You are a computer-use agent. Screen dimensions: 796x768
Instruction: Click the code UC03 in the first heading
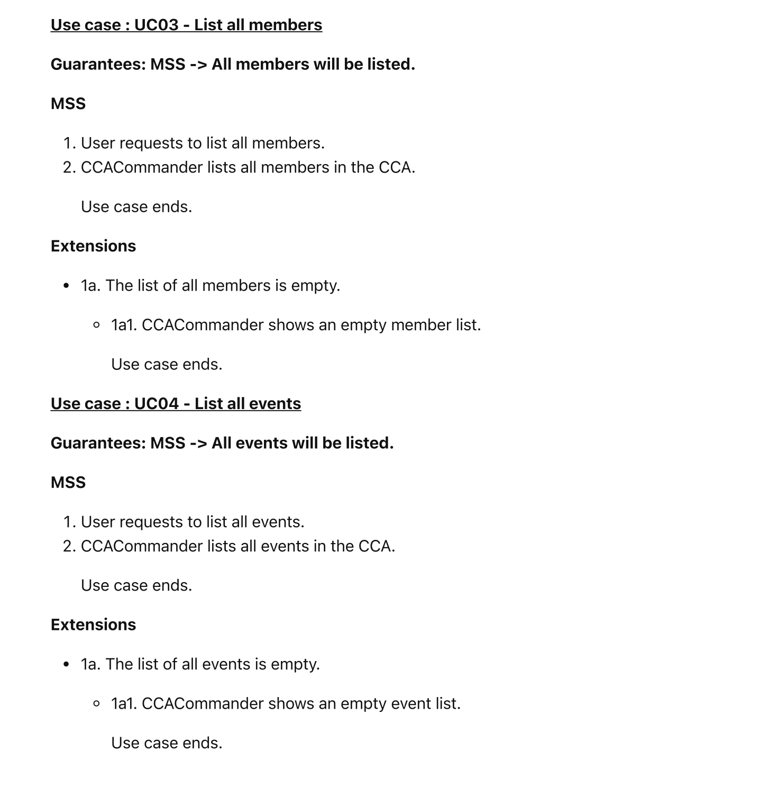pos(156,25)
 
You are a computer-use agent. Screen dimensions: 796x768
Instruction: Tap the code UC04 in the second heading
pos(156,404)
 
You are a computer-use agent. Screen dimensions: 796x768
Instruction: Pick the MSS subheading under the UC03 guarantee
pos(68,104)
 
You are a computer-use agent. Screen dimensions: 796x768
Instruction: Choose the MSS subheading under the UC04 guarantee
pos(68,483)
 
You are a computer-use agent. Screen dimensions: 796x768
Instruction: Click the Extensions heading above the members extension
pos(93,246)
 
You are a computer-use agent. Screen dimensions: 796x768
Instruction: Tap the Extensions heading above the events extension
pos(93,625)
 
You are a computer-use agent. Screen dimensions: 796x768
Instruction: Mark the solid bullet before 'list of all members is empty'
pos(66,286)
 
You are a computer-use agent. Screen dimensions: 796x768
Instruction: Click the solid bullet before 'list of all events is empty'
pos(66,665)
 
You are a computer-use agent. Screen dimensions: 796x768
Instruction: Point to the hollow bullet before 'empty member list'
pos(96,325)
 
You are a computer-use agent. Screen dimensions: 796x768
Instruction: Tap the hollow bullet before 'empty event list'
pos(96,704)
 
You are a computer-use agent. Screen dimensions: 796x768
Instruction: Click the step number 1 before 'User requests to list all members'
pos(68,143)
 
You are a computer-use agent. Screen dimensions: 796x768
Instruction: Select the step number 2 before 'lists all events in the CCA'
pos(68,546)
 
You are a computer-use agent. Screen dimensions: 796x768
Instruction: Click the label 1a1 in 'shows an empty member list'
pos(123,325)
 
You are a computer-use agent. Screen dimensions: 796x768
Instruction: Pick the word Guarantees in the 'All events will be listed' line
pos(98,444)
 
